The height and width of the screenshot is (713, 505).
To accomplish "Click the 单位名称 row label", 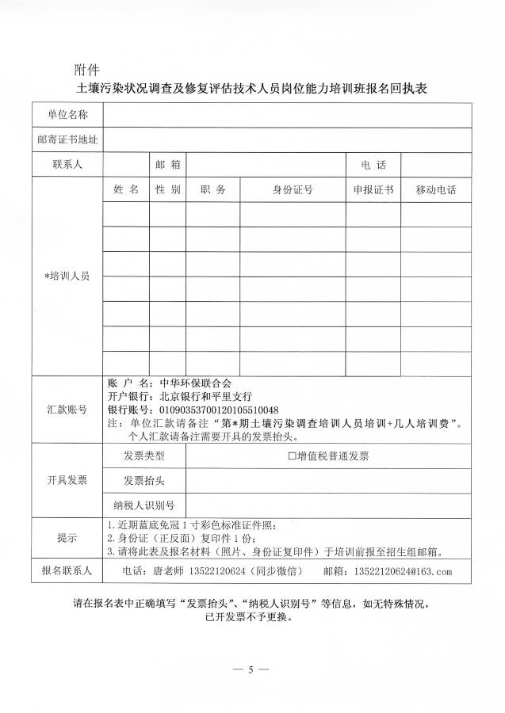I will tap(67, 115).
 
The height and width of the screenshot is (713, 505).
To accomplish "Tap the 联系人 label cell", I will tap(67, 165).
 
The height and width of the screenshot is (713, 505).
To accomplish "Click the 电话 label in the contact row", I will tap(373, 165).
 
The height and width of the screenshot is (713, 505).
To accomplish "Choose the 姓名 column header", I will tap(125, 190).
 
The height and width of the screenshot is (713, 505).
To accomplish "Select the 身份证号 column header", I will tap(293, 190).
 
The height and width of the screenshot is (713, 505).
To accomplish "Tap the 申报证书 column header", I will tap(373, 190).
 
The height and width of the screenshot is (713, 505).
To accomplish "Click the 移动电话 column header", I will tap(435, 190).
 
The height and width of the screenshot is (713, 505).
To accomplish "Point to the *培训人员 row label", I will tap(67, 276).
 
